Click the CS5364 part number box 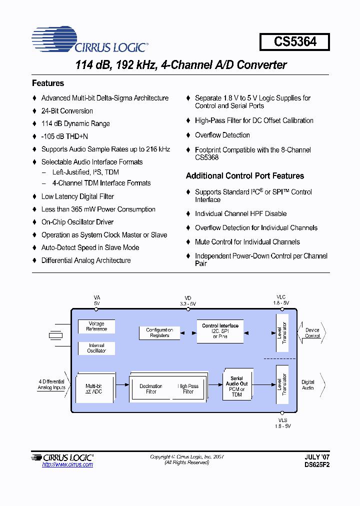(294, 41)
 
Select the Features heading (48, 83)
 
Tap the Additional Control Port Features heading (245, 176)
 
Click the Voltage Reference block (96, 326)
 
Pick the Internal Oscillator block (96, 348)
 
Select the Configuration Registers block (159, 332)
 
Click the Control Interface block (220, 331)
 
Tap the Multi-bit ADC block (93, 389)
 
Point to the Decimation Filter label (150, 389)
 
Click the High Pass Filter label (188, 389)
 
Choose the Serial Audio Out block (236, 386)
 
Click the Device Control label (312, 333)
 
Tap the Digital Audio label (308, 384)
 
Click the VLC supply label (280, 300)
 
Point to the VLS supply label (282, 423)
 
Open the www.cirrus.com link (67, 465)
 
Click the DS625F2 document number (317, 464)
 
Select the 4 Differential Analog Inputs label (51, 384)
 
